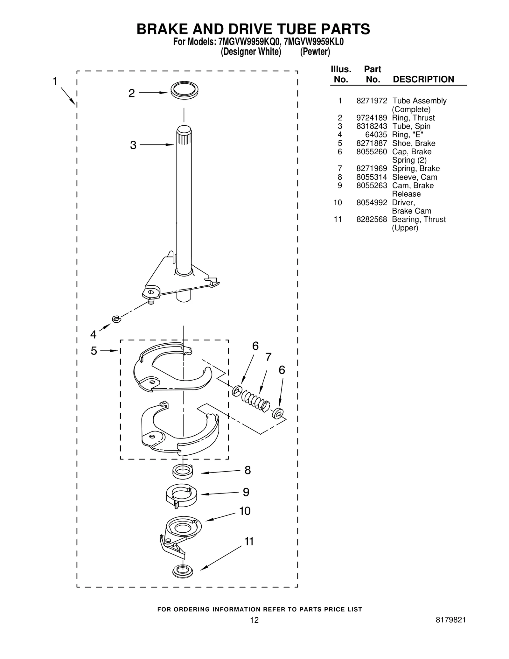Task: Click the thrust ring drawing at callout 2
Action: click(x=184, y=90)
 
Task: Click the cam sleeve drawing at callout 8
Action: click(x=183, y=471)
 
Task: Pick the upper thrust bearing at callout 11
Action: click(x=183, y=571)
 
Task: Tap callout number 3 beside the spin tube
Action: click(x=133, y=145)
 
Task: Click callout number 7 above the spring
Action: click(x=268, y=357)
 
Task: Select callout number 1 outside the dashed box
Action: click(x=55, y=81)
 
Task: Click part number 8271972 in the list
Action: click(x=372, y=101)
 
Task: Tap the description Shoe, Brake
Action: click(x=414, y=143)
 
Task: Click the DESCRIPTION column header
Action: click(x=423, y=79)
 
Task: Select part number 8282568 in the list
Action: click(x=372, y=219)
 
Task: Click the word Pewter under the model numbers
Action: click(x=315, y=52)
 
